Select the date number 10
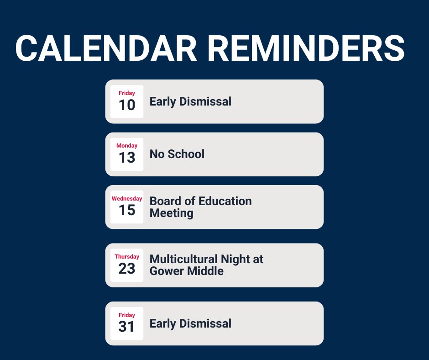(127, 105)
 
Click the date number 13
(127, 158)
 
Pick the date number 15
(127, 210)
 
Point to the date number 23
(127, 269)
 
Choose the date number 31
(127, 327)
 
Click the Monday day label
(127, 146)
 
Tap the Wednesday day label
(127, 199)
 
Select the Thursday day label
(127, 257)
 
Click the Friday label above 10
(127, 93)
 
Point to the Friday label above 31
(127, 315)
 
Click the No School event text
(177, 154)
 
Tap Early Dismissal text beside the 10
(190, 101)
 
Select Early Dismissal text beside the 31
(190, 323)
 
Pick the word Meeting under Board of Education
(171, 213)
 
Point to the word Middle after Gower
(206, 271)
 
